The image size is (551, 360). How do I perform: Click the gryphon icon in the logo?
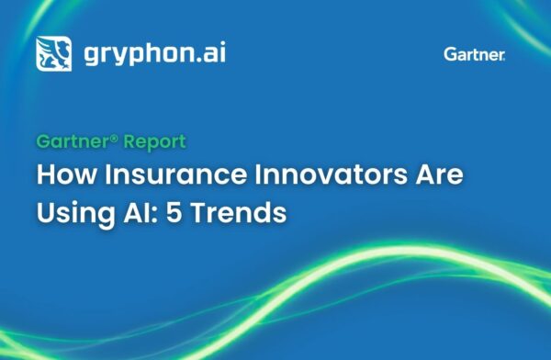click(x=53, y=53)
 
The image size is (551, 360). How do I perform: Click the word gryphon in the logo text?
click(x=133, y=53)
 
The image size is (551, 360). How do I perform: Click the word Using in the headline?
click(x=70, y=211)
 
